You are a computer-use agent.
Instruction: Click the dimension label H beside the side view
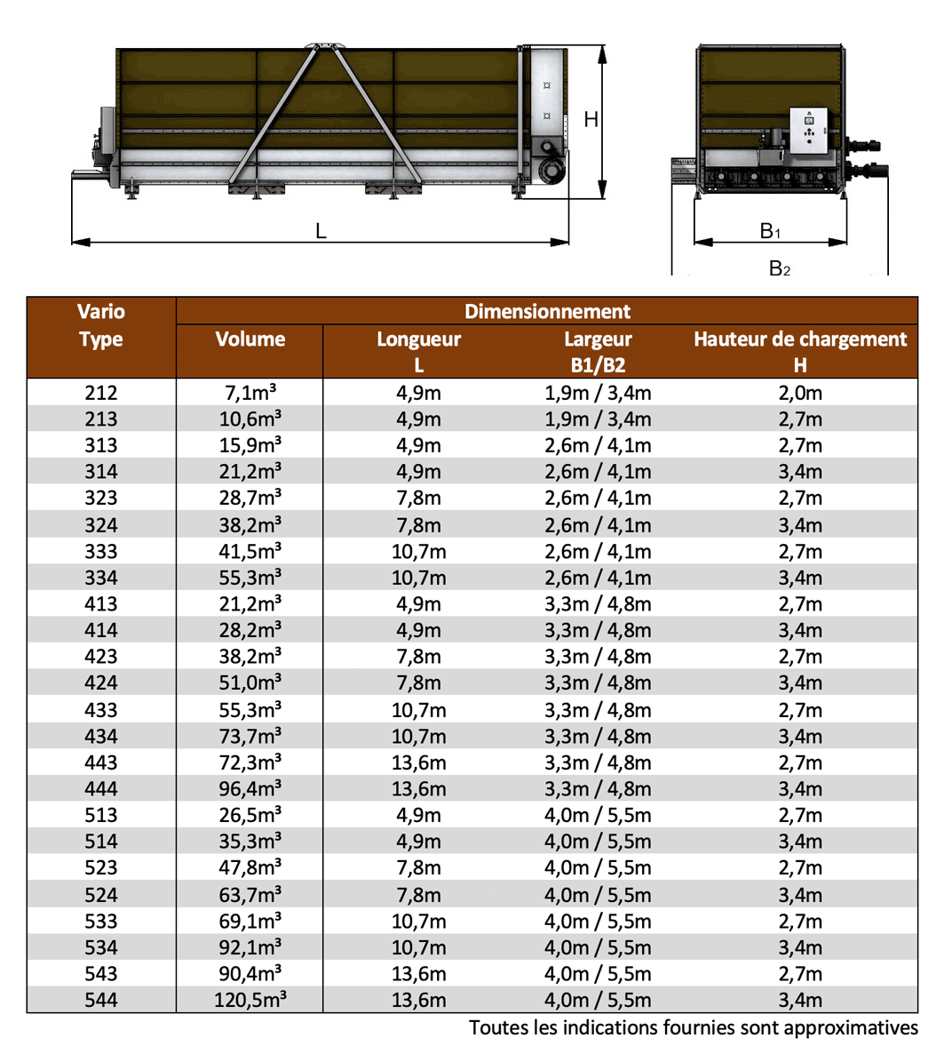click(x=591, y=119)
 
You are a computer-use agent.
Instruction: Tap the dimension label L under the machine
click(x=321, y=231)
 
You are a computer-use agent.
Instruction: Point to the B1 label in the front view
click(x=770, y=232)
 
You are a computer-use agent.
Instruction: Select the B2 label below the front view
click(x=779, y=268)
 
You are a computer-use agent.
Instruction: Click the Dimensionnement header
click(x=547, y=312)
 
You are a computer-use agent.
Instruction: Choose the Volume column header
click(x=250, y=339)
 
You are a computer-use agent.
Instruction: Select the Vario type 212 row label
click(x=101, y=393)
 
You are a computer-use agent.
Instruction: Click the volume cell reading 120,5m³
click(x=250, y=1000)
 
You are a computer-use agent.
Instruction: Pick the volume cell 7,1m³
click(x=250, y=393)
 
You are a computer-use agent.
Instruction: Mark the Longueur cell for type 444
click(x=418, y=788)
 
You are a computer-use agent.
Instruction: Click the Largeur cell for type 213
click(x=598, y=419)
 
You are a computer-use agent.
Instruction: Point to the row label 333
click(x=101, y=551)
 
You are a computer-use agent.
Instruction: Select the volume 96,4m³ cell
click(x=250, y=788)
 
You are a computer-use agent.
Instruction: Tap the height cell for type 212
click(x=800, y=393)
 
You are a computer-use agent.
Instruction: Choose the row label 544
click(x=101, y=1000)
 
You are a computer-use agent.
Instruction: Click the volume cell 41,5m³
click(x=250, y=551)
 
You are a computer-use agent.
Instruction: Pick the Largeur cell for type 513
click(x=598, y=815)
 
